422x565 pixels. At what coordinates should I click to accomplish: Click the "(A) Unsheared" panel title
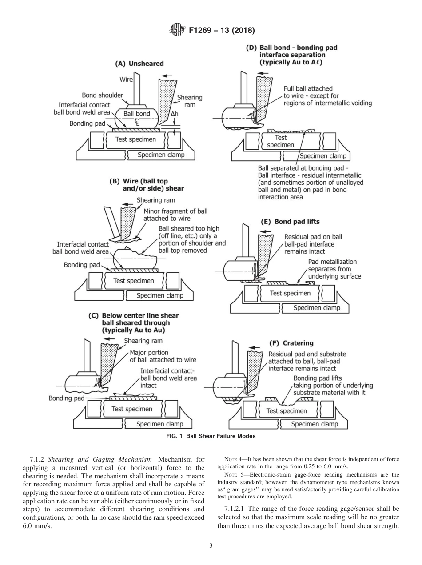[139, 64]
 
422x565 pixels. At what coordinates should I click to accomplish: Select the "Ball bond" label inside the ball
[136, 114]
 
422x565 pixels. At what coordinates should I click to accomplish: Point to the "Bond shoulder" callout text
[102, 95]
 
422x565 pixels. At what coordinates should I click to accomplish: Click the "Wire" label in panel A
[126, 80]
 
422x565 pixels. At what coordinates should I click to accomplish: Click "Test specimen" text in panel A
[135, 139]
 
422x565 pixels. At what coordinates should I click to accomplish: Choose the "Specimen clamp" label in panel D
[322, 156]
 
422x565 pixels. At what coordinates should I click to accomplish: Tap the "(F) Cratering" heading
[291, 343]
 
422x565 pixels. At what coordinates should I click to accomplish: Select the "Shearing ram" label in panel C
[143, 341]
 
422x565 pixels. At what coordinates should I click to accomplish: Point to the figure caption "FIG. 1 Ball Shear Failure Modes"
[211, 436]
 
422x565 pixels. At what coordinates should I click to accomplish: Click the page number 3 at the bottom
[211, 545]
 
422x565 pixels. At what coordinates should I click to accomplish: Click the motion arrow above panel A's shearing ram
[168, 76]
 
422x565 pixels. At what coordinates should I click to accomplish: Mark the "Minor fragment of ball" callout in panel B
[175, 211]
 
